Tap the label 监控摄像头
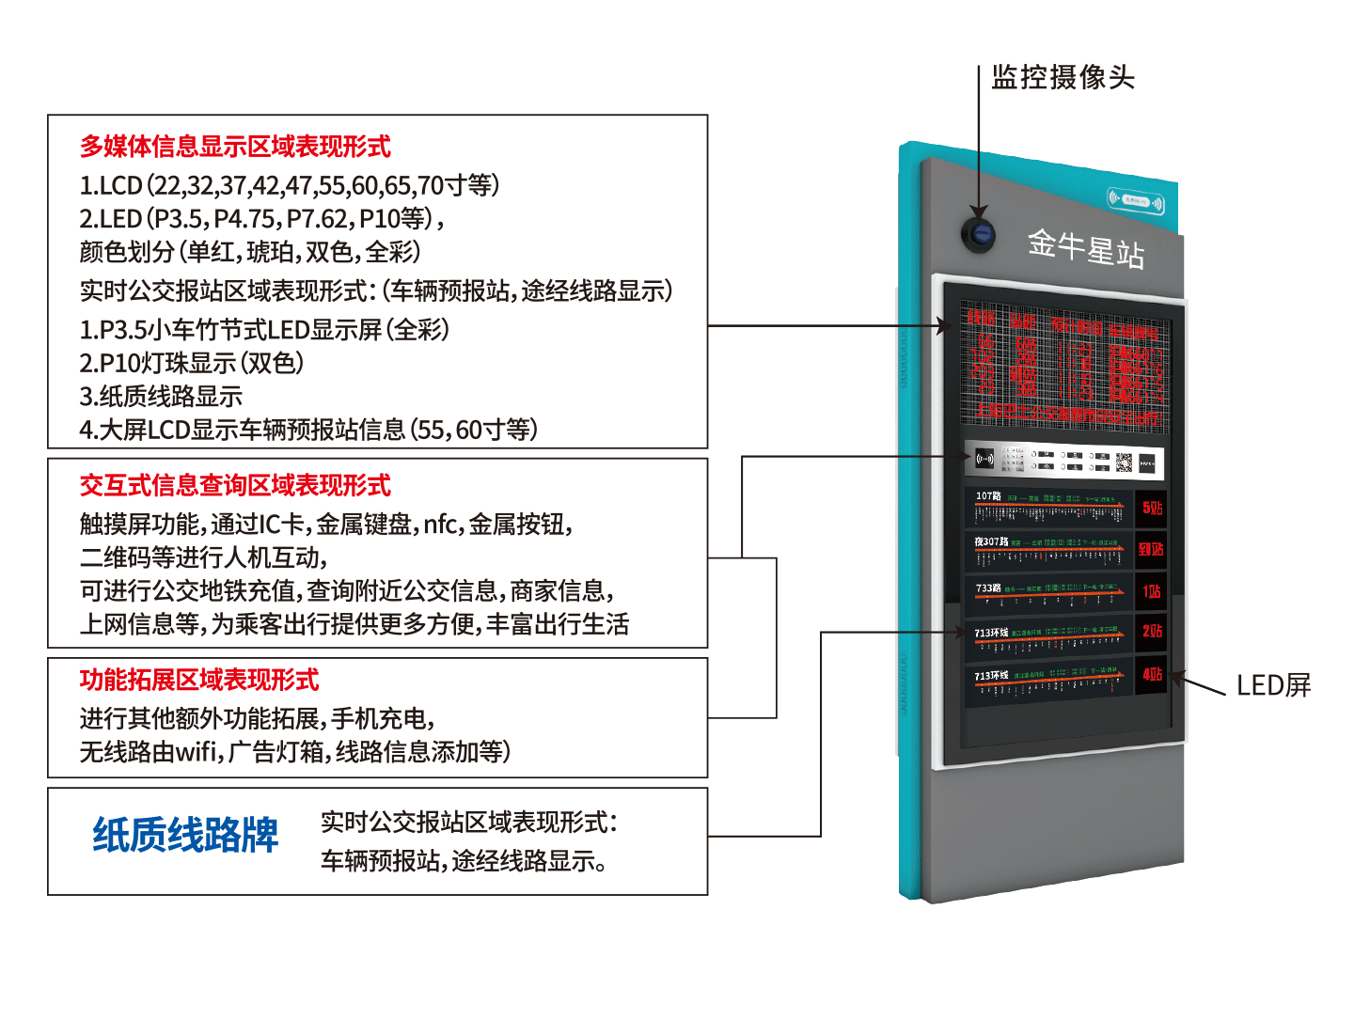pos(1063,77)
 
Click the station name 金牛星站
pos(1085,249)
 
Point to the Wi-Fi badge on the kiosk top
pos(1135,200)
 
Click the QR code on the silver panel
pos(1125,462)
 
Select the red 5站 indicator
pos(1152,509)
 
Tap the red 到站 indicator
pos(1151,549)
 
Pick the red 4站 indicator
pos(1152,674)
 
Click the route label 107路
pos(988,496)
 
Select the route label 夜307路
pos(991,541)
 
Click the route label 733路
pos(988,588)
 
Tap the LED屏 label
pos(1273,685)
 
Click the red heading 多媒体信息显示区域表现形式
pos(235,147)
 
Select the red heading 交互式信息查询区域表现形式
pos(235,485)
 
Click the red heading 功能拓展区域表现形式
pos(199,680)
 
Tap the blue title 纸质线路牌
pos(185,835)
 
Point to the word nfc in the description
pos(440,524)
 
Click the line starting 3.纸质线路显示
pos(161,397)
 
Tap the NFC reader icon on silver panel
pos(984,460)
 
